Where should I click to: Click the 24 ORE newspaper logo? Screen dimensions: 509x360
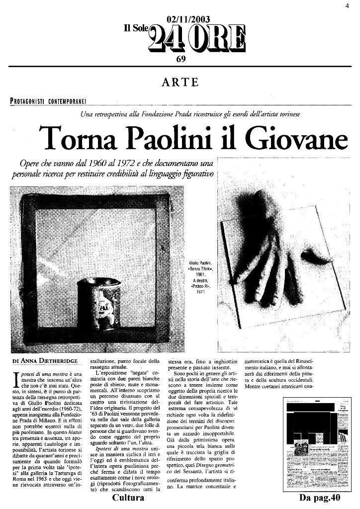(197, 39)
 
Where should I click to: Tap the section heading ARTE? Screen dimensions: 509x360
(180, 82)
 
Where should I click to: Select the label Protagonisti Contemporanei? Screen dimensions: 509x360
(48, 101)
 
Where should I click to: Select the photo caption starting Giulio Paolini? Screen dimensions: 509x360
(201, 276)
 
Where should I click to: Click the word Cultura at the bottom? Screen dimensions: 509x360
(129, 498)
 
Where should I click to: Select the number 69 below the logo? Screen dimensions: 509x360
(181, 59)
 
